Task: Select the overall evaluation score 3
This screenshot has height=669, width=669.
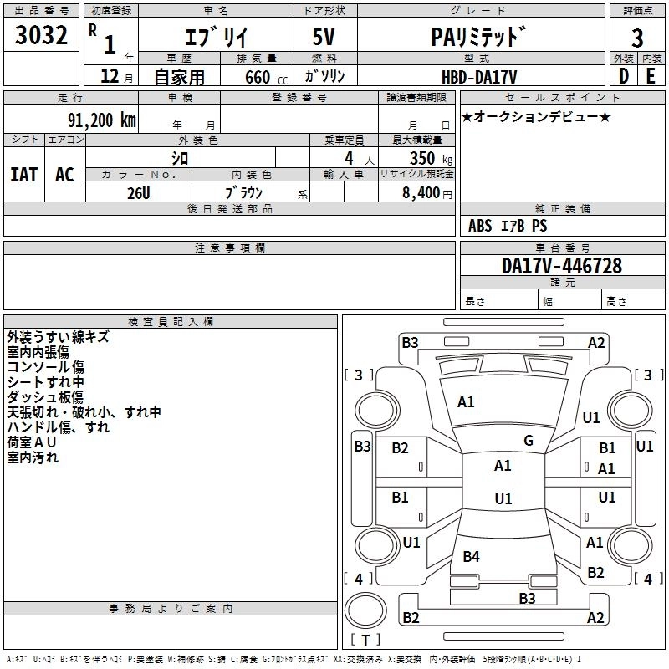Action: pos(637,38)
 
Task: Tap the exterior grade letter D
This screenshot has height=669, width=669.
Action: pos(623,75)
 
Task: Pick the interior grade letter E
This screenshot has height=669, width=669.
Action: pos(651,75)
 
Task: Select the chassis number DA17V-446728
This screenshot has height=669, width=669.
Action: pos(562,266)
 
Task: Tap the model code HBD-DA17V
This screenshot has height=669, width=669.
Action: pos(479,76)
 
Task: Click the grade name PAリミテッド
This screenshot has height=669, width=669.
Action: pos(478,38)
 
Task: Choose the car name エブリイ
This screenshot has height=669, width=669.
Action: pos(214,38)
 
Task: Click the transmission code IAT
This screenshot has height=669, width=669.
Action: pos(23,174)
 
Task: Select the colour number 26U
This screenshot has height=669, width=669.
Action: pos(138,192)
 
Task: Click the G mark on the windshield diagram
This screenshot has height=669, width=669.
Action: pos(529,441)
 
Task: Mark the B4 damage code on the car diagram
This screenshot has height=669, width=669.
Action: pos(472,556)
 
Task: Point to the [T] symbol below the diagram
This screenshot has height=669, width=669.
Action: pos(365,640)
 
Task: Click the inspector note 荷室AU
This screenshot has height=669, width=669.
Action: pos(33,442)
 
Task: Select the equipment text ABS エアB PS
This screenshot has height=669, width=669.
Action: pos(508,226)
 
